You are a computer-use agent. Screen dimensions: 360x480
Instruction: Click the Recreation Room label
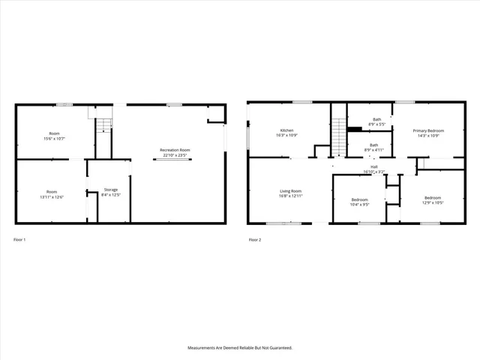[174, 150]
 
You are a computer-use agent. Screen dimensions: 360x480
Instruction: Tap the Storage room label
[110, 190]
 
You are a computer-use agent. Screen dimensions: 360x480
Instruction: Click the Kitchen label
[288, 130]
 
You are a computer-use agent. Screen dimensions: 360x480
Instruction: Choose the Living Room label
[290, 191]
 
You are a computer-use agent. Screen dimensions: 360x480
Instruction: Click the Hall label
[373, 167]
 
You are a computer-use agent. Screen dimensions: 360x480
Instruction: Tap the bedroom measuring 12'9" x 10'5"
[428, 199]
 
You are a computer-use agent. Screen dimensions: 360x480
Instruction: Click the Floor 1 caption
[19, 240]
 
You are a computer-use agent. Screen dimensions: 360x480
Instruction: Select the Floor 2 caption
[255, 240]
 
